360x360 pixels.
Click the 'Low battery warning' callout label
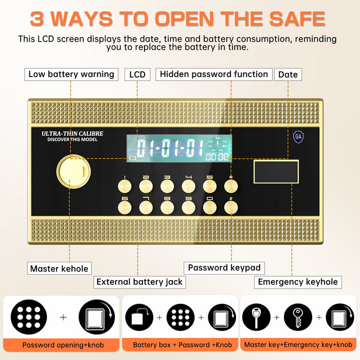click(x=71, y=74)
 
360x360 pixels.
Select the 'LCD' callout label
click(x=137, y=75)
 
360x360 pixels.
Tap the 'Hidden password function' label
click(x=213, y=74)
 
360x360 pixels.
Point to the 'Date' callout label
click(x=287, y=75)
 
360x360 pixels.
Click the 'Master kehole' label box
click(x=59, y=268)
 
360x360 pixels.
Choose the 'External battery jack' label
click(x=139, y=282)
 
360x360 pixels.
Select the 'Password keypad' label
click(x=224, y=267)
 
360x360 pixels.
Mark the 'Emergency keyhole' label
click(x=298, y=282)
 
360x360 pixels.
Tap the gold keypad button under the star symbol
click(x=231, y=185)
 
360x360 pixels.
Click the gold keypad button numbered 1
click(x=124, y=185)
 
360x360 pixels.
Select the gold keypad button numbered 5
click(x=210, y=185)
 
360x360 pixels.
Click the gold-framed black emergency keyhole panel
click(x=276, y=172)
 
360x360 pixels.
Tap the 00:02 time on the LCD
click(x=217, y=156)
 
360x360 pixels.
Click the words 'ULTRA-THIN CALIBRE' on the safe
click(x=72, y=133)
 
